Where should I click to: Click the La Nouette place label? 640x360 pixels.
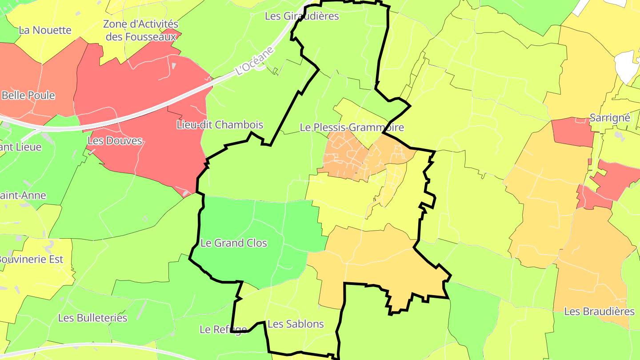45,30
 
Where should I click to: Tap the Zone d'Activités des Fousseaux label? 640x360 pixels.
141,30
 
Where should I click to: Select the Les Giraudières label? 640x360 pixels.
302,16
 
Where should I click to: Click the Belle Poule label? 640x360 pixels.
28,95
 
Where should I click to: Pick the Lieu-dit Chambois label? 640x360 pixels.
220,125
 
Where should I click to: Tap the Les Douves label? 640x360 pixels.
115,141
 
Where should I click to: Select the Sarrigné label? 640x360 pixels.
610,118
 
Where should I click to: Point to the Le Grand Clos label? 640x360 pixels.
234,243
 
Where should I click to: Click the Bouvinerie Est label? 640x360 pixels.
31,259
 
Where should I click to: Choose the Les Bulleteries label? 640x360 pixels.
93,318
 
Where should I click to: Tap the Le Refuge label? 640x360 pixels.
223,329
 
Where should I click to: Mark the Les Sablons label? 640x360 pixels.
296,324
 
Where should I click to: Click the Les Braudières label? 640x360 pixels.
599,312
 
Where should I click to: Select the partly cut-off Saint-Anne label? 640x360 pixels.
22,195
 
